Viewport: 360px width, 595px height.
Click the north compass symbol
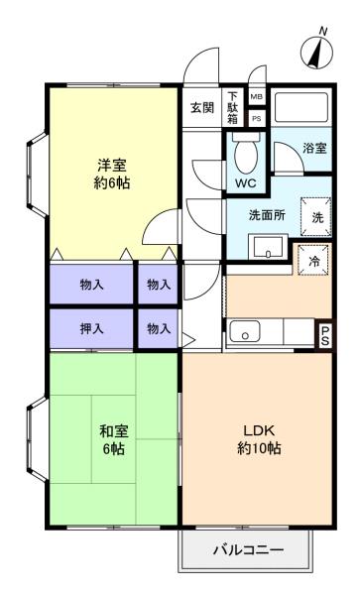pyautogui.click(x=316, y=52)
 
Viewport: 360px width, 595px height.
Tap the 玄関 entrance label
pyautogui.click(x=201, y=108)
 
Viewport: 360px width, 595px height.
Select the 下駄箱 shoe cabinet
pyautogui.click(x=232, y=108)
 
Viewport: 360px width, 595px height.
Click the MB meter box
pyautogui.click(x=257, y=97)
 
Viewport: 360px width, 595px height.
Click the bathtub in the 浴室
pyautogui.click(x=301, y=107)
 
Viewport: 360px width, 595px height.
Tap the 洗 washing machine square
pyautogui.click(x=316, y=217)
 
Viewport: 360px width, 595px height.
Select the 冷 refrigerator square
pyautogui.click(x=313, y=260)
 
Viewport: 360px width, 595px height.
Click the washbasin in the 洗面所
pyautogui.click(x=268, y=247)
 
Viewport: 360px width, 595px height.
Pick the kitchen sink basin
pyautogui.click(x=245, y=332)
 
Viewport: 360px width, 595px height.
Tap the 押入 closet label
pyautogui.click(x=91, y=328)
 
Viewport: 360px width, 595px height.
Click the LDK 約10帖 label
pyautogui.click(x=259, y=439)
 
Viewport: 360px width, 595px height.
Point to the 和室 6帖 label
pyautogui.click(x=113, y=440)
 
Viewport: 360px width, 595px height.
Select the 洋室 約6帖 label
pyautogui.click(x=112, y=175)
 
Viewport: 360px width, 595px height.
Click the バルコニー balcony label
pyautogui.click(x=248, y=549)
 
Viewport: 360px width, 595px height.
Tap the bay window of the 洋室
pyautogui.click(x=37, y=175)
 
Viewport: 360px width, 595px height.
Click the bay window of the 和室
pyautogui.click(x=37, y=439)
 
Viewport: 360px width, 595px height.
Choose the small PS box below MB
pyautogui.click(x=257, y=119)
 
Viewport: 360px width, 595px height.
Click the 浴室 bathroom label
pyautogui.click(x=314, y=149)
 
